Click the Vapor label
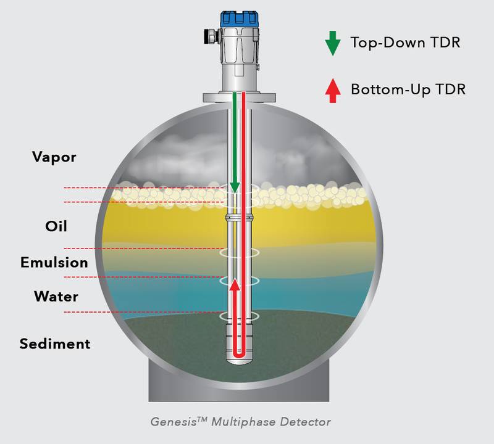(x=54, y=157)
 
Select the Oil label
(x=56, y=226)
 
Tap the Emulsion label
(x=54, y=263)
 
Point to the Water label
(x=56, y=297)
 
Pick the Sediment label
(x=55, y=343)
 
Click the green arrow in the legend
(x=333, y=43)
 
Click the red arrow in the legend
(x=333, y=89)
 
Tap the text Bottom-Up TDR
(x=408, y=89)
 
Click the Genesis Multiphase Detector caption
(x=241, y=422)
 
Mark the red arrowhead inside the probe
(x=235, y=284)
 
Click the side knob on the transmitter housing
(x=210, y=36)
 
